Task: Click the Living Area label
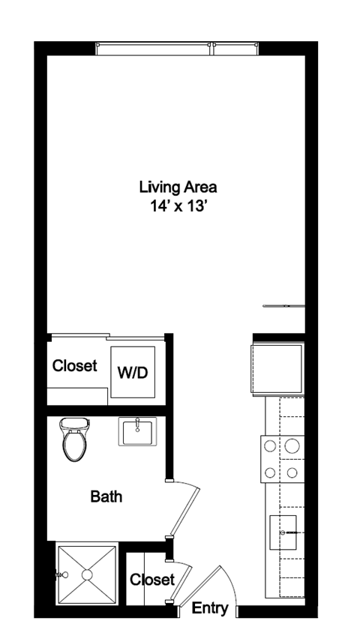[x=178, y=187]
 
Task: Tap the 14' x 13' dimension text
[x=177, y=206]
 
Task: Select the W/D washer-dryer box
[x=133, y=372]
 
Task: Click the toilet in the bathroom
[x=74, y=439]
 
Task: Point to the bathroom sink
[x=137, y=431]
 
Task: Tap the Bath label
[x=106, y=496]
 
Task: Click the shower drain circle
[x=87, y=574]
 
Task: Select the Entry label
[x=210, y=608]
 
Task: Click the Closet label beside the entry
[x=152, y=579]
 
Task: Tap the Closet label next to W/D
[x=74, y=365]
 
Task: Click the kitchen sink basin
[x=283, y=532]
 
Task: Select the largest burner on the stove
[x=292, y=445]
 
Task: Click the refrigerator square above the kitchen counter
[x=277, y=369]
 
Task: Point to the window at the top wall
[x=177, y=49]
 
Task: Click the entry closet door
[x=181, y=582]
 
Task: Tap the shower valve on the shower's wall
[x=62, y=575]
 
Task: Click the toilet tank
[x=74, y=424]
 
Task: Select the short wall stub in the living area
[x=283, y=306]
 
